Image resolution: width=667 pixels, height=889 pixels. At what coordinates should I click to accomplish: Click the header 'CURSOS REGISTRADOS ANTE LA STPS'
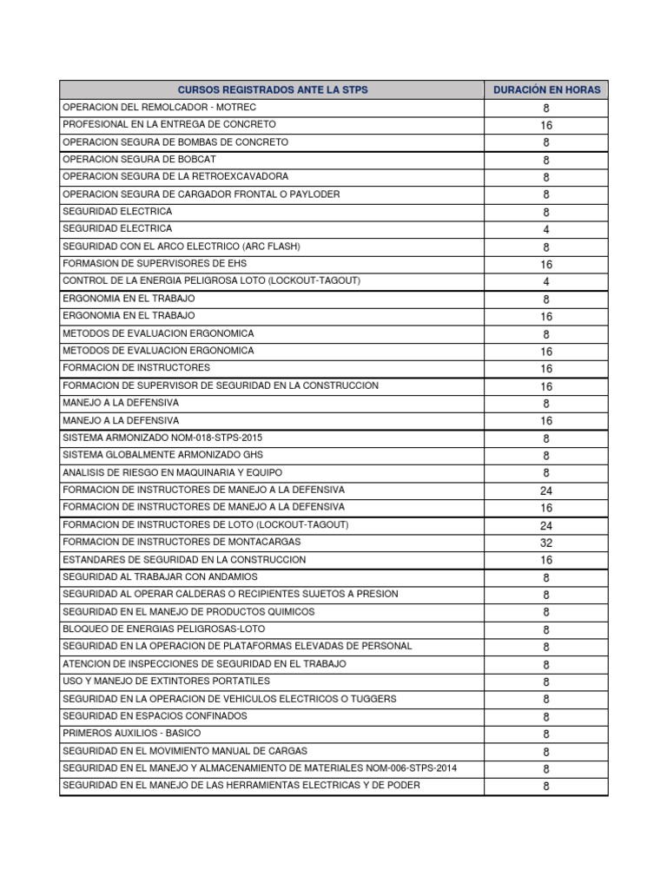click(273, 89)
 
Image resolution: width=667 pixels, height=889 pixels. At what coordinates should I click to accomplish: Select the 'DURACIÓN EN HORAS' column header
click(546, 89)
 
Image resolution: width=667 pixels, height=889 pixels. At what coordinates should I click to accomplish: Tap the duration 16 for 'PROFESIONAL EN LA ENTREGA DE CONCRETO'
click(546, 125)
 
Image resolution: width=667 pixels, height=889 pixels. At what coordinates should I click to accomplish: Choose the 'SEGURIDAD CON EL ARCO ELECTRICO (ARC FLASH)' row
click(182, 247)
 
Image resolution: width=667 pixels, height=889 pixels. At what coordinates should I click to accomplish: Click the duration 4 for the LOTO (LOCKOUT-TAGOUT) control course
click(546, 282)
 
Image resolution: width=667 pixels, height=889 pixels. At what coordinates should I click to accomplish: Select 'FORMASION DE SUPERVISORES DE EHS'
click(149, 264)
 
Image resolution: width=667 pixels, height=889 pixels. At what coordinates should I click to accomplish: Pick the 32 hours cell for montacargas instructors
click(546, 543)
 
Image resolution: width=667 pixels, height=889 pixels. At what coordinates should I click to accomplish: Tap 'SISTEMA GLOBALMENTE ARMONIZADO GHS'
click(162, 455)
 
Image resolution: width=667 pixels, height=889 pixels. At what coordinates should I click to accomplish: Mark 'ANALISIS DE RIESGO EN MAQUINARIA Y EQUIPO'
click(174, 472)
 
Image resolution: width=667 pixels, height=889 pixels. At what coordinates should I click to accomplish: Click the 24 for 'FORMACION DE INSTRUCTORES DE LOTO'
click(546, 525)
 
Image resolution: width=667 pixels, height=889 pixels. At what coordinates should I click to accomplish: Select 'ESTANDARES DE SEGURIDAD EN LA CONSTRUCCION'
click(184, 560)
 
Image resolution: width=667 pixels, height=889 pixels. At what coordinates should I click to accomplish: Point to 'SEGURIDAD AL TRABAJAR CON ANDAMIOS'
click(160, 576)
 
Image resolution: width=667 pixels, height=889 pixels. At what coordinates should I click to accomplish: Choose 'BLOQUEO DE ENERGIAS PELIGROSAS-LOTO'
click(164, 629)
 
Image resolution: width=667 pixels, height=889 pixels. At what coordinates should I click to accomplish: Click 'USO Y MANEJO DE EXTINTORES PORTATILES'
click(166, 681)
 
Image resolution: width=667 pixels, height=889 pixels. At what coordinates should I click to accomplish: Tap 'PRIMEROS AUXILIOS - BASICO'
click(131, 734)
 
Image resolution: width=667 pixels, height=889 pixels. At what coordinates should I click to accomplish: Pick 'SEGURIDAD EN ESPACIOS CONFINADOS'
click(155, 715)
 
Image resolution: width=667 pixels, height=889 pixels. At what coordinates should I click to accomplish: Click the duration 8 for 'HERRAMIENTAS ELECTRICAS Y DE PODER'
click(546, 786)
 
